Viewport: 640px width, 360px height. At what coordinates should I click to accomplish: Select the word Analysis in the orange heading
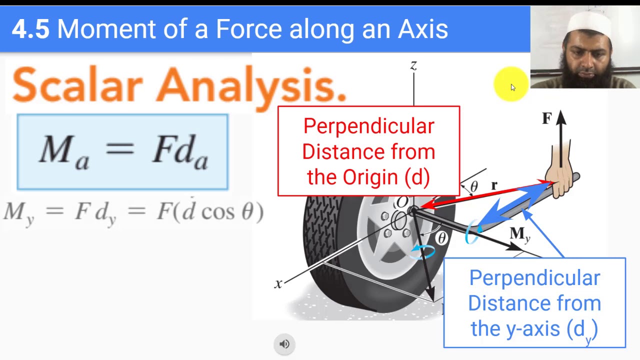click(x=250, y=86)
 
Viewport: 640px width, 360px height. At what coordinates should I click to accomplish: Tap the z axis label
click(x=413, y=65)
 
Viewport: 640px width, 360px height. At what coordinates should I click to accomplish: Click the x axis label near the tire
click(x=278, y=284)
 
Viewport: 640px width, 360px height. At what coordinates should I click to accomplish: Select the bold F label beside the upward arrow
click(x=546, y=118)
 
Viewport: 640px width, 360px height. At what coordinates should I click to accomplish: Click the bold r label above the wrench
click(x=494, y=185)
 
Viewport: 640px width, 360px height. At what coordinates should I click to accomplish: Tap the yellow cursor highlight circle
click(x=510, y=84)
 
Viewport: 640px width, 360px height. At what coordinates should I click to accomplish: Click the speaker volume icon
click(x=284, y=344)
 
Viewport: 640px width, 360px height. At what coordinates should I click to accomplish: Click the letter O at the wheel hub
click(x=402, y=202)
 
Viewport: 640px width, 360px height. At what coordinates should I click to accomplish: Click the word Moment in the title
click(x=106, y=29)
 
